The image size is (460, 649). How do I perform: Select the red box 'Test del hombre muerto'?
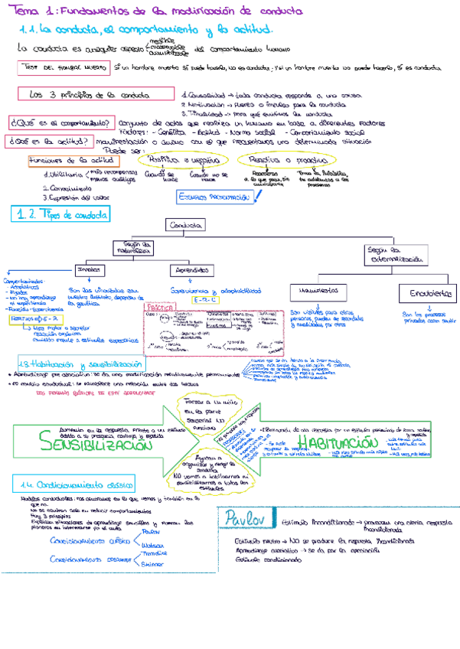[x=64, y=68]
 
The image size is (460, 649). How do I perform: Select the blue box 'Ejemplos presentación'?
[x=214, y=197]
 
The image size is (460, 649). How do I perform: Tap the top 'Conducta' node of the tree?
[x=186, y=226]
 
